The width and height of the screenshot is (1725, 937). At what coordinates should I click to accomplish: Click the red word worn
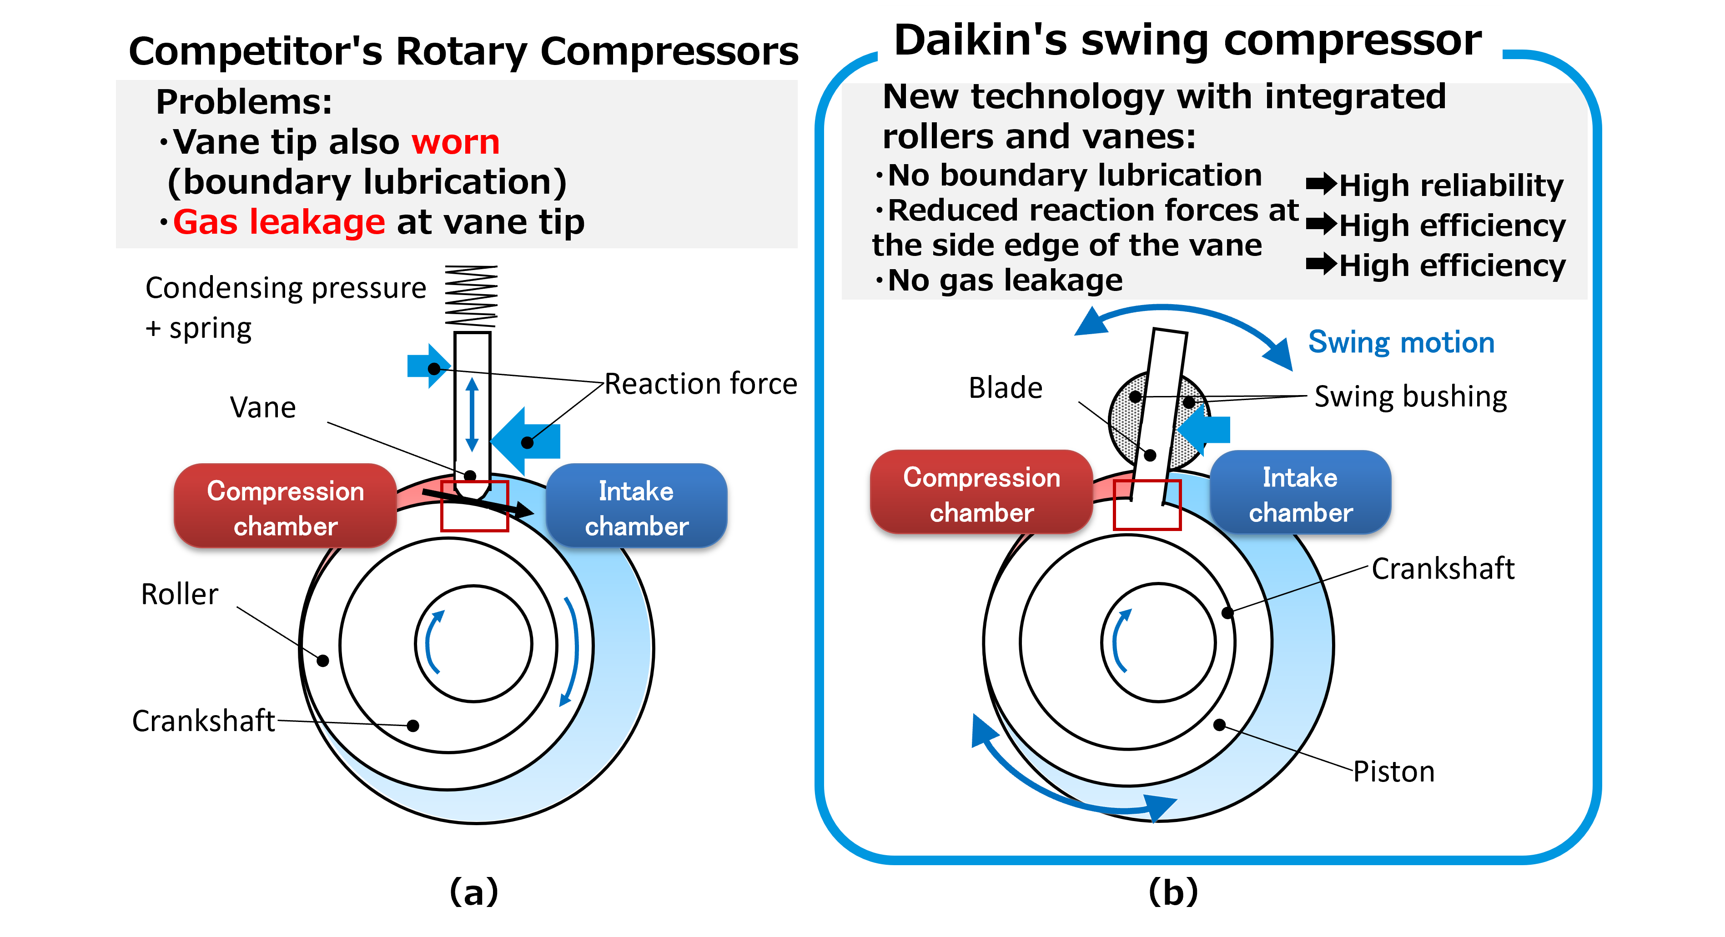click(455, 142)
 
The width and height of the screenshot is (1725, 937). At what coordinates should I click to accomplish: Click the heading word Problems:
click(244, 102)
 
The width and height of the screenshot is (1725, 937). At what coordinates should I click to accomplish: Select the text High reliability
click(1450, 185)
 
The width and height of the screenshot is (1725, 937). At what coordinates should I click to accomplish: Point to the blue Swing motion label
click(1401, 343)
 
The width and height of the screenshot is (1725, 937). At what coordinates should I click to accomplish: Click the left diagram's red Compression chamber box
click(285, 506)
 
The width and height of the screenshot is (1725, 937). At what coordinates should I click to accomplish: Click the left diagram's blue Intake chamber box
click(636, 506)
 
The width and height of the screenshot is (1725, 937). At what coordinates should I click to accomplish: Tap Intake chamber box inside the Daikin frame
click(1300, 493)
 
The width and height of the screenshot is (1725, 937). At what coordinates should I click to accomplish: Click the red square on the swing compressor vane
click(1147, 505)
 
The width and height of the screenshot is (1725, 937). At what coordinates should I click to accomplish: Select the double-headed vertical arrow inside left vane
click(472, 414)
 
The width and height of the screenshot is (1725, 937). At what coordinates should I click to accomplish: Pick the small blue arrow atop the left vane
click(428, 366)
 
